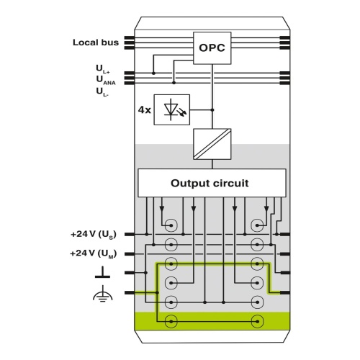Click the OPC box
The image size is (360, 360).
point(212,48)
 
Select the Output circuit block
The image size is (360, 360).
point(212,183)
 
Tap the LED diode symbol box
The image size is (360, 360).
point(172,109)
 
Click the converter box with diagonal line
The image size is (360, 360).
point(212,144)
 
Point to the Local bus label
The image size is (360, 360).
point(96,42)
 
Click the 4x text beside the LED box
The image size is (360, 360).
point(144,110)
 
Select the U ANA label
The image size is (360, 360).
point(106,80)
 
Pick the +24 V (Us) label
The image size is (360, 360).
point(94,234)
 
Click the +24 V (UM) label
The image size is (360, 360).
point(94,253)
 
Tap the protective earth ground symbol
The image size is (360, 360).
point(102,294)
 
